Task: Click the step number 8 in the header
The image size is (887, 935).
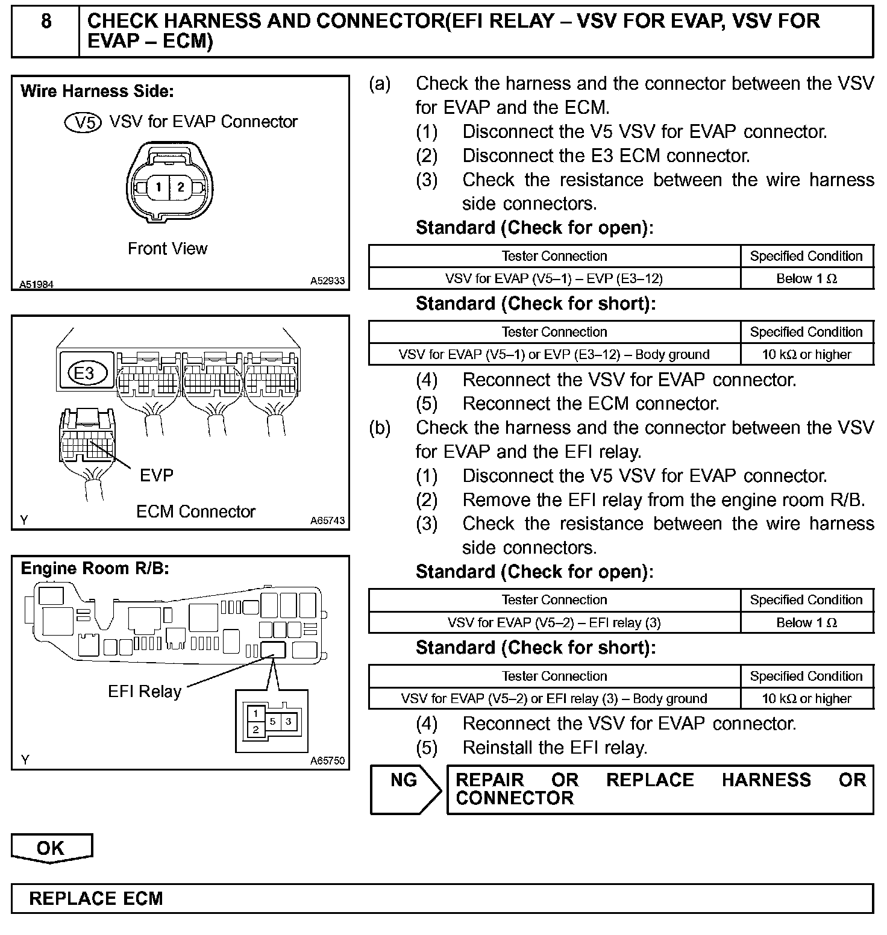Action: pos(46,22)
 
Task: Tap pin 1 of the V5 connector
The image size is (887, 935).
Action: pos(158,187)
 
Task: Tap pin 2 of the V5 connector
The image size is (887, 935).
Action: pos(180,187)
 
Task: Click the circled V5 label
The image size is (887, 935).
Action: pos(83,122)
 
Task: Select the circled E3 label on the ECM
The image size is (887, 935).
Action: pos(85,373)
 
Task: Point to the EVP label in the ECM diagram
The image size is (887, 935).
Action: pos(156,475)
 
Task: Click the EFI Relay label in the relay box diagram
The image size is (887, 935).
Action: pos(145,691)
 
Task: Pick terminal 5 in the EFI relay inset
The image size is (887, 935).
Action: pos(272,721)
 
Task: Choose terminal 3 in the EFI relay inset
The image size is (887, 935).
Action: pos(289,721)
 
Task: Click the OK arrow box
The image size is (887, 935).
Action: pos(51,848)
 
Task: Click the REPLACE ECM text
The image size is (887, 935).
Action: pos(96,898)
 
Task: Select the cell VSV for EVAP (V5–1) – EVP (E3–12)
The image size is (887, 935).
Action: pos(554,278)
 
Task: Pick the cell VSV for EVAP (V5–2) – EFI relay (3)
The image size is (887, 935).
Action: pos(554,622)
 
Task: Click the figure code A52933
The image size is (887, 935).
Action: pos(327,281)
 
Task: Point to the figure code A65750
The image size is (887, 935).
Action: pos(327,761)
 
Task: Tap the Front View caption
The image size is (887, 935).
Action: pos(168,248)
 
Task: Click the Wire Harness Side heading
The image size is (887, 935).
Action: pos(97,92)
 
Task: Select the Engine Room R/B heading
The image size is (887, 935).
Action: pos(95,569)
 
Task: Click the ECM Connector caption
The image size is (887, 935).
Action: pos(196,511)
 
